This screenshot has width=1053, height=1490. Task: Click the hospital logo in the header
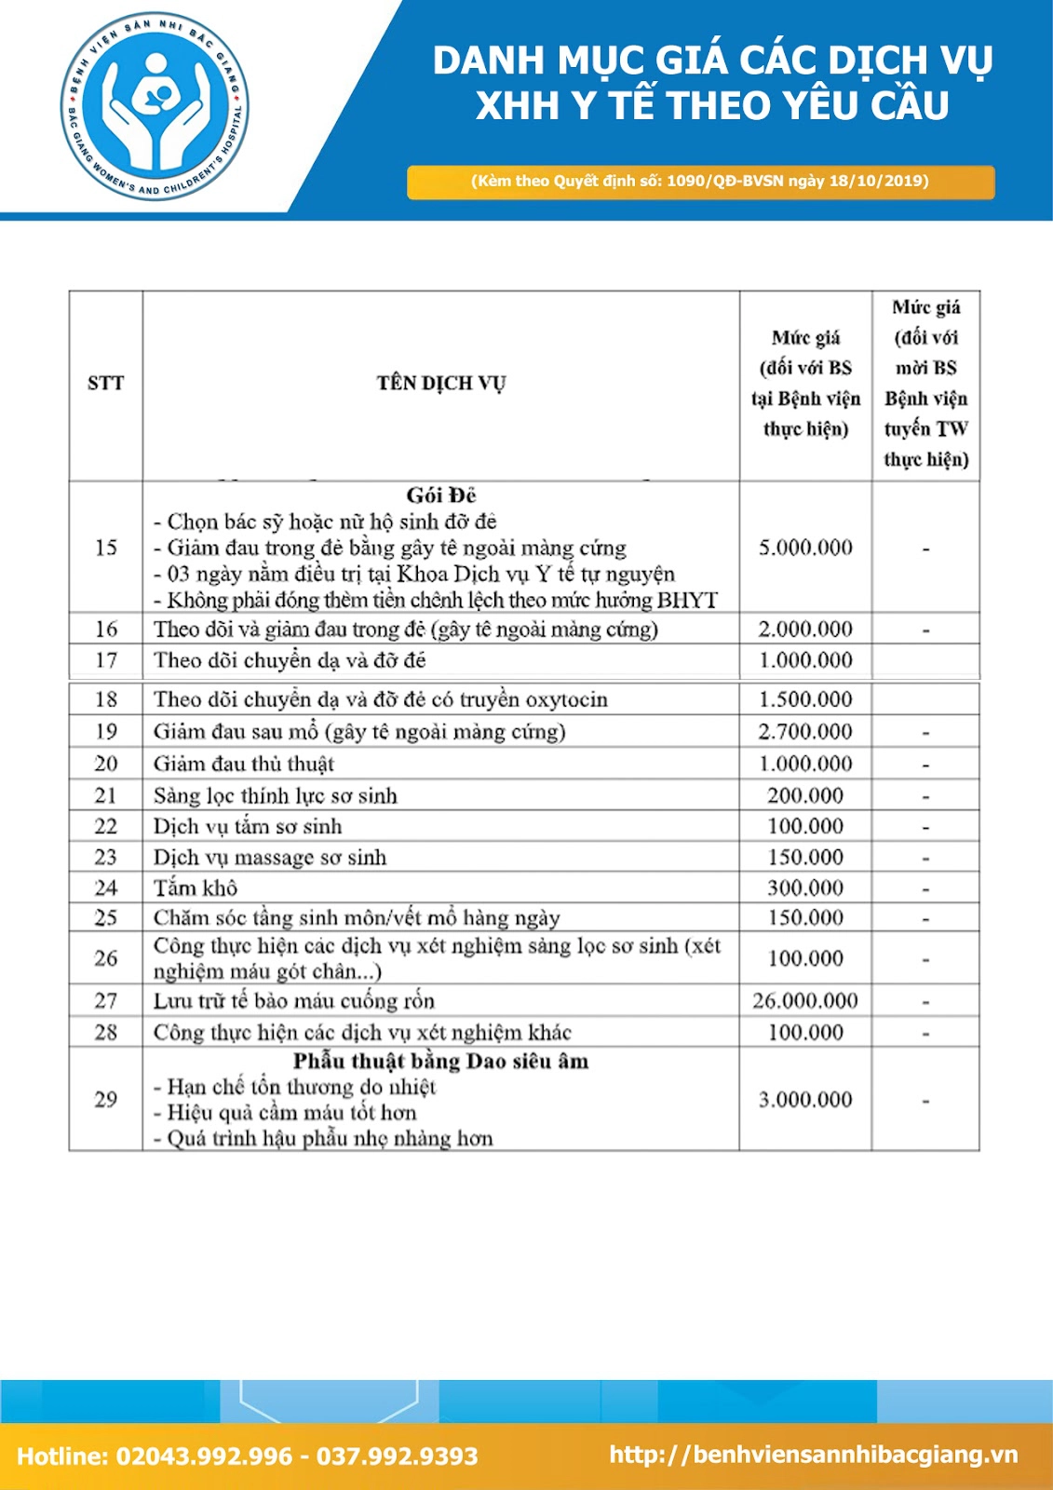(155, 106)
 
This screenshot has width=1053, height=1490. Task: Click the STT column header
(105, 383)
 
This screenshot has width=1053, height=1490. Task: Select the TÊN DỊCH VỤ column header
(441, 383)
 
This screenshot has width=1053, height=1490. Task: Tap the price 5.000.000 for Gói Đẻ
(805, 548)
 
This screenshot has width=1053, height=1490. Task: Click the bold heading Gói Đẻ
(441, 495)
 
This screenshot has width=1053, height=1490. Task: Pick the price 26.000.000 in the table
(805, 1001)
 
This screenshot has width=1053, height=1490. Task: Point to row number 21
(106, 795)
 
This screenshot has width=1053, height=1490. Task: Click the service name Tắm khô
(196, 887)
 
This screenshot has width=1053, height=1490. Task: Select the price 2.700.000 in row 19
(805, 732)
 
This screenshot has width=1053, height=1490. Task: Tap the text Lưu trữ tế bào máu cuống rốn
(294, 1001)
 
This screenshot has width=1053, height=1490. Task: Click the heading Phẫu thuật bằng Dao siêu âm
(441, 1062)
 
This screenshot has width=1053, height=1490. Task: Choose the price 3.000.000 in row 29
(805, 1100)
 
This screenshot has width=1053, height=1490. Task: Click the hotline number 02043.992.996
(204, 1456)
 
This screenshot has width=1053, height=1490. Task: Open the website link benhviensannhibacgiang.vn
(814, 1455)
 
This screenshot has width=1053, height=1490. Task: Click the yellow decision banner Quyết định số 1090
(700, 182)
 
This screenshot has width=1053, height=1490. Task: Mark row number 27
(106, 1001)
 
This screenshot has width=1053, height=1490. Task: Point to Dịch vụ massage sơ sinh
(270, 857)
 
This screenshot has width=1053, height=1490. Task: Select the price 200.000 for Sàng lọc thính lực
(805, 795)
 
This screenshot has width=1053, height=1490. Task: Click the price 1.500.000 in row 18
(805, 699)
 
